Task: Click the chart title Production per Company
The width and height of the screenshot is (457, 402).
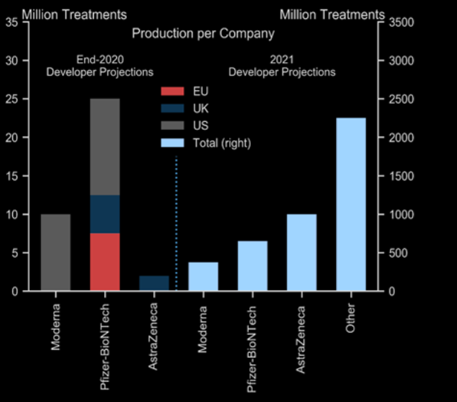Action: pyautogui.click(x=203, y=33)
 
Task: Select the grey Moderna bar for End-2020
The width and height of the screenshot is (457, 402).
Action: pyautogui.click(x=56, y=253)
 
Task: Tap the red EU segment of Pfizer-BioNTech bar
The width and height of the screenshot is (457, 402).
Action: pyautogui.click(x=105, y=262)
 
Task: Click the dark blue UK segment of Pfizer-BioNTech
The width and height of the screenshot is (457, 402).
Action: pyautogui.click(x=105, y=214)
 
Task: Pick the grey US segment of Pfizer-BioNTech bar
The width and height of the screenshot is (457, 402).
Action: pyautogui.click(x=105, y=147)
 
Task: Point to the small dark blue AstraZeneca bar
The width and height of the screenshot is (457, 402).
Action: pyautogui.click(x=154, y=283)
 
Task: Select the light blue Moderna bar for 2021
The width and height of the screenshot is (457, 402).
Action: pyautogui.click(x=203, y=276)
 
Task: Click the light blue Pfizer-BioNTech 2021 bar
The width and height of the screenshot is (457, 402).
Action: pyautogui.click(x=252, y=266)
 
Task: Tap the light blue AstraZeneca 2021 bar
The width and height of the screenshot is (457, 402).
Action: pyautogui.click(x=301, y=253)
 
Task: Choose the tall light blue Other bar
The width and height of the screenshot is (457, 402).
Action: pyautogui.click(x=350, y=204)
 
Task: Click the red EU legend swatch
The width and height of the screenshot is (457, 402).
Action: pyautogui.click(x=172, y=91)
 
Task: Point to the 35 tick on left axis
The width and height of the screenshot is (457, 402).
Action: pyautogui.click(x=12, y=22)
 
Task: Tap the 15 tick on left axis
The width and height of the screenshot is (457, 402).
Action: pyautogui.click(x=12, y=176)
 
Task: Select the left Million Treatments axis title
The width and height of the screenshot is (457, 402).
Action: pyautogui.click(x=65, y=14)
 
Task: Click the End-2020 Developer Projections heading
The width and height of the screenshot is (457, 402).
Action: pyautogui.click(x=99, y=66)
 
